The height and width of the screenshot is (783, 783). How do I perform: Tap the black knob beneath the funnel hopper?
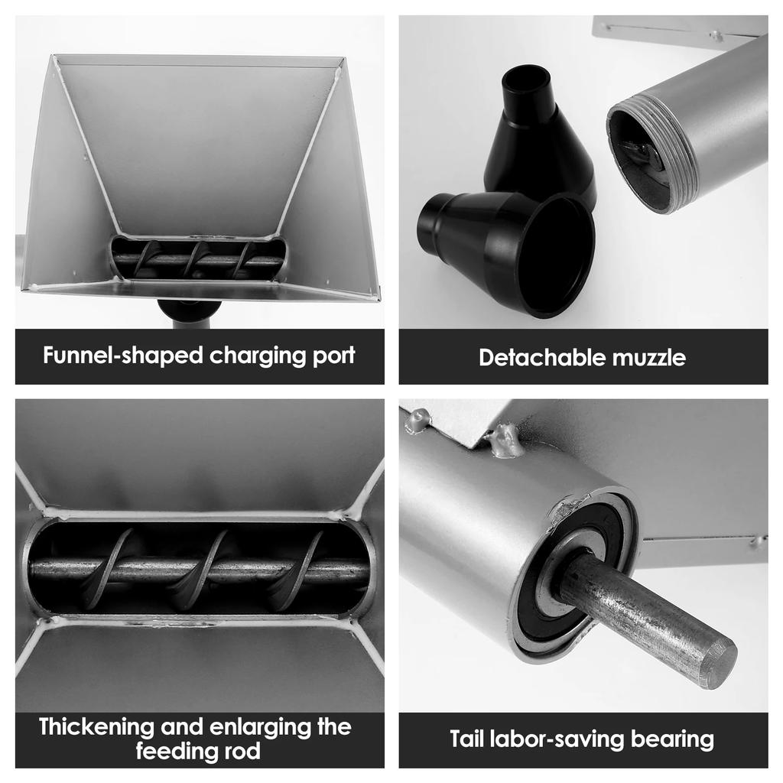click(189, 310)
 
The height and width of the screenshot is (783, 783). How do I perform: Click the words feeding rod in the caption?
click(199, 751)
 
